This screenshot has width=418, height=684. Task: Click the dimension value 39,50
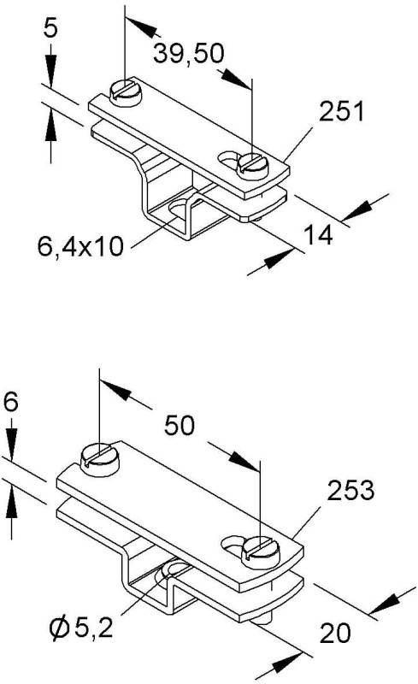tap(189, 53)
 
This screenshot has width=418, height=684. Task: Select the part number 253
tap(350, 491)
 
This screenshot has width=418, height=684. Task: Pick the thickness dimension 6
tap(9, 401)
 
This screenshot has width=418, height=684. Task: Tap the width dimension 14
tap(318, 234)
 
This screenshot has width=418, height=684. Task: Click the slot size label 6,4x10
tap(81, 247)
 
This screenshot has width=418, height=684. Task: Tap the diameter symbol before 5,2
tap(60, 631)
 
